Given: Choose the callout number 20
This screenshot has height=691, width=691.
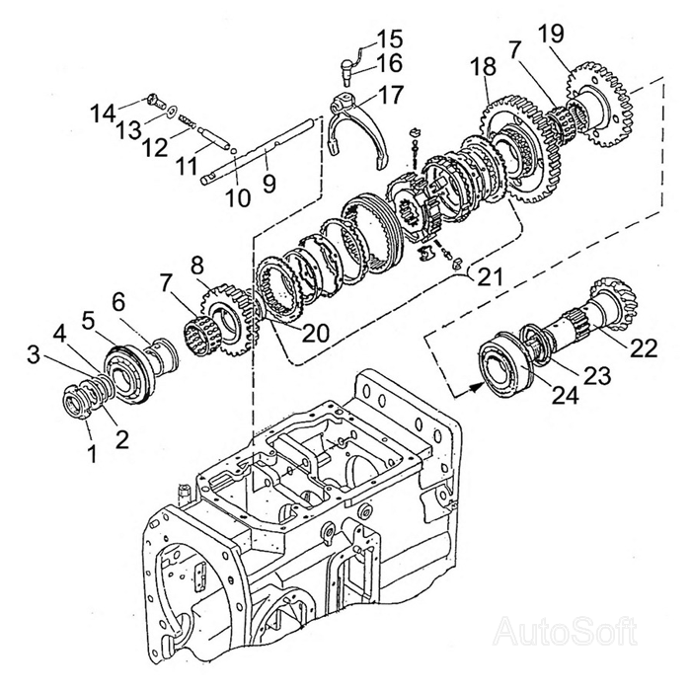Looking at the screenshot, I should pos(316,333).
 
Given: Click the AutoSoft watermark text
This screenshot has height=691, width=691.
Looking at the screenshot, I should pos(564,629).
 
